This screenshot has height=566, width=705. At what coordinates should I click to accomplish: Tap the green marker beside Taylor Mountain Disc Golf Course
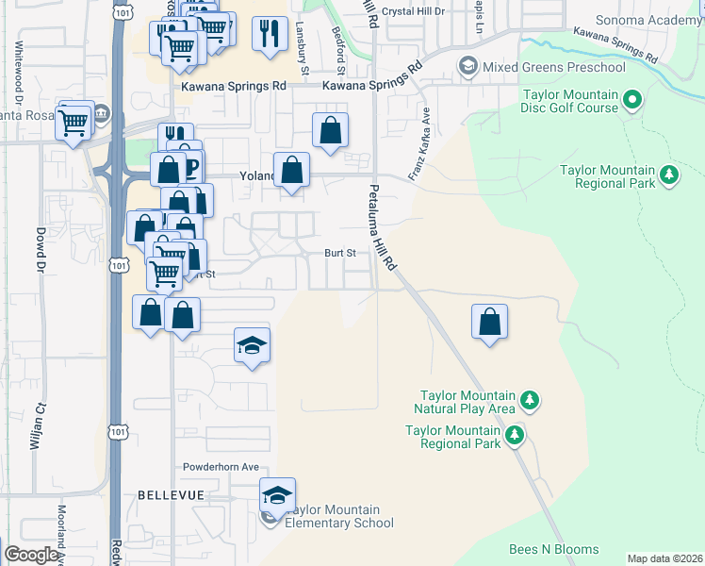pos(632,99)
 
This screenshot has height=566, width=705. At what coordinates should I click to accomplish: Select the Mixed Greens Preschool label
pos(554,67)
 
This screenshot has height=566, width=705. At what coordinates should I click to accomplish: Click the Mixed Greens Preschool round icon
pos(467,66)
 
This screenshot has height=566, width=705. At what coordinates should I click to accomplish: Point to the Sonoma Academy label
pos(649,20)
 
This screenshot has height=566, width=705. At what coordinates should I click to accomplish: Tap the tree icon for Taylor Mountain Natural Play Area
pos(530,401)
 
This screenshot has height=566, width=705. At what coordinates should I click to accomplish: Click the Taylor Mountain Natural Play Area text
pos(465,402)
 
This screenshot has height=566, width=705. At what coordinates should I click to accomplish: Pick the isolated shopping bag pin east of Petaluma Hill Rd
pos(490,321)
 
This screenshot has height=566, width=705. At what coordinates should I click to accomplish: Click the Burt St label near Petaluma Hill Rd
pos(340,253)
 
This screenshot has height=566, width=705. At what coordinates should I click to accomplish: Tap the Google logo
pos(32,555)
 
